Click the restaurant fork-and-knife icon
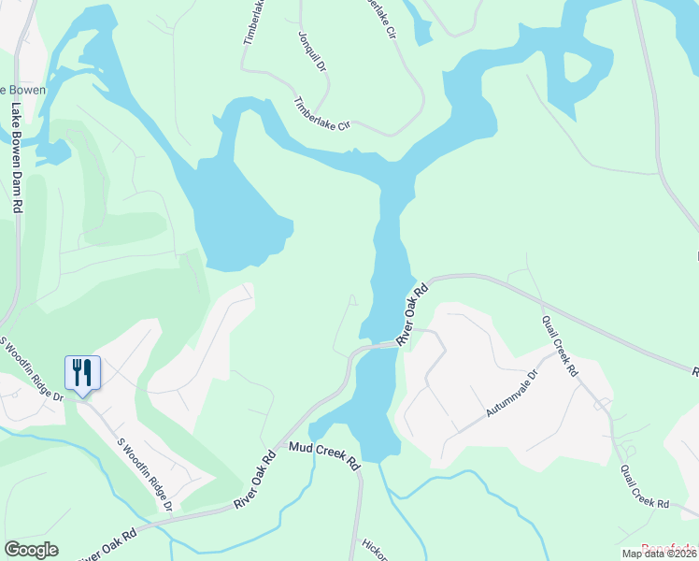pos(82,373)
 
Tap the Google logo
pos(31,550)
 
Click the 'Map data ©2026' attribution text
pos(659,554)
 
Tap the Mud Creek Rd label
pos(324,456)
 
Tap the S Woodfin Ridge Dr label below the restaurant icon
pos(145,475)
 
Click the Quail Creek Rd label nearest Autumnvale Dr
pos(560,345)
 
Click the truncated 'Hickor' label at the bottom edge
pos(376,552)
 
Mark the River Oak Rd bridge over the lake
pos(378,346)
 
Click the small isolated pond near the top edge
pos(418,27)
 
